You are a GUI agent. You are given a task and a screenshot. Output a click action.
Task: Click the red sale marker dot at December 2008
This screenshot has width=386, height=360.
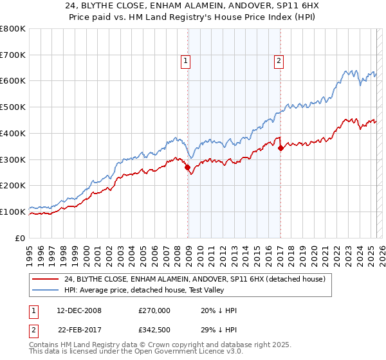pos(188,168)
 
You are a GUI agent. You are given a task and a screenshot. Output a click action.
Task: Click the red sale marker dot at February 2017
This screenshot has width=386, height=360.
pos(280,148)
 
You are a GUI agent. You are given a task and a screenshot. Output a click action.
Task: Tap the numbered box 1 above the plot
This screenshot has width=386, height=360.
pos(185,61)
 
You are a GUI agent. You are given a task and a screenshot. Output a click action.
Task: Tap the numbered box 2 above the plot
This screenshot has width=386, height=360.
pos(279,61)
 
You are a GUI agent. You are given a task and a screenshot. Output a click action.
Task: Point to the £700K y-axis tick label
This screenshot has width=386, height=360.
pos(13,55)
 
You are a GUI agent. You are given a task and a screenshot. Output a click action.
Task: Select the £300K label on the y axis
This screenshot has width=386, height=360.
pos(13,159)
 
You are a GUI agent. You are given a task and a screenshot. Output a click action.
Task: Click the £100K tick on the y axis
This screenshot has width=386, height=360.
pos(13,212)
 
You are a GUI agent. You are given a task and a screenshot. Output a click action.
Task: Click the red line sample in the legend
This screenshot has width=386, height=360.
pos(46,279)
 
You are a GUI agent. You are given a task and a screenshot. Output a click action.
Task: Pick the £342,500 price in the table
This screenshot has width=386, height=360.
pos(154,330)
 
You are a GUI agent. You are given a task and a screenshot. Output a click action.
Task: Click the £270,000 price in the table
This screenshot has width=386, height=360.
pos(154,310)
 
